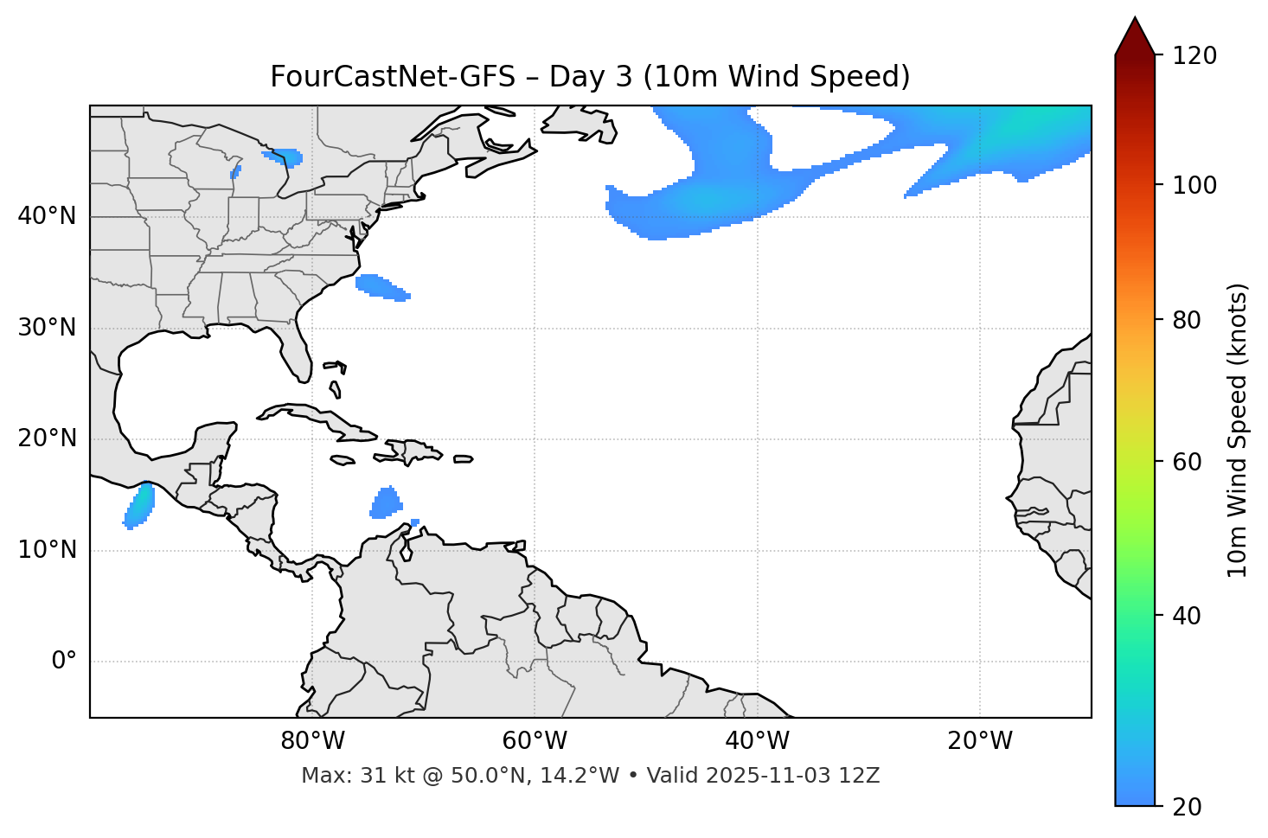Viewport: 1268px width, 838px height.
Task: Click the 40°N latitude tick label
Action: click(47, 216)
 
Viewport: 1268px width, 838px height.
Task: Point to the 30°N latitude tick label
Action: click(47, 328)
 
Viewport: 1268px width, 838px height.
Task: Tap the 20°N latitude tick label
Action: click(47, 438)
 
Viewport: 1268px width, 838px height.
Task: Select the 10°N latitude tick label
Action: click(47, 550)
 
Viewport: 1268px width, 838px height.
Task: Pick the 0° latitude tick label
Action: click(64, 662)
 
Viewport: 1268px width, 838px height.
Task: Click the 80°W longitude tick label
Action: click(312, 741)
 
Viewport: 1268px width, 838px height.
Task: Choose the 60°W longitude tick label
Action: click(535, 741)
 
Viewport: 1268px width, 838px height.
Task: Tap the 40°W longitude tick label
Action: click(757, 741)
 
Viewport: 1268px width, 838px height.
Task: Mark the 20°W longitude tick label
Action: click(980, 741)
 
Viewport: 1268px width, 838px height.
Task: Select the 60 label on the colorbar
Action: click(1187, 462)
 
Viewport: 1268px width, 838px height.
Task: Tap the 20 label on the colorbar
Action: click(1187, 807)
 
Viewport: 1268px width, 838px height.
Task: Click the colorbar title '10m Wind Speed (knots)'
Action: click(1238, 431)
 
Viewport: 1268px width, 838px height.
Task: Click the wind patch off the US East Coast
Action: click(381, 286)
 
